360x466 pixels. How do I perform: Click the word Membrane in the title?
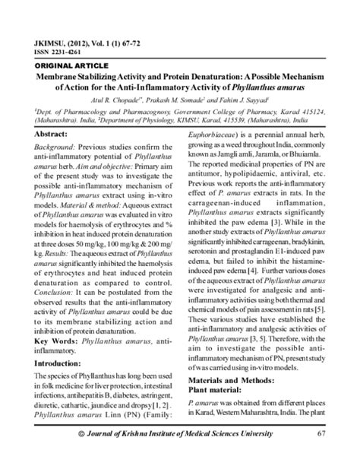(65, 78)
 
